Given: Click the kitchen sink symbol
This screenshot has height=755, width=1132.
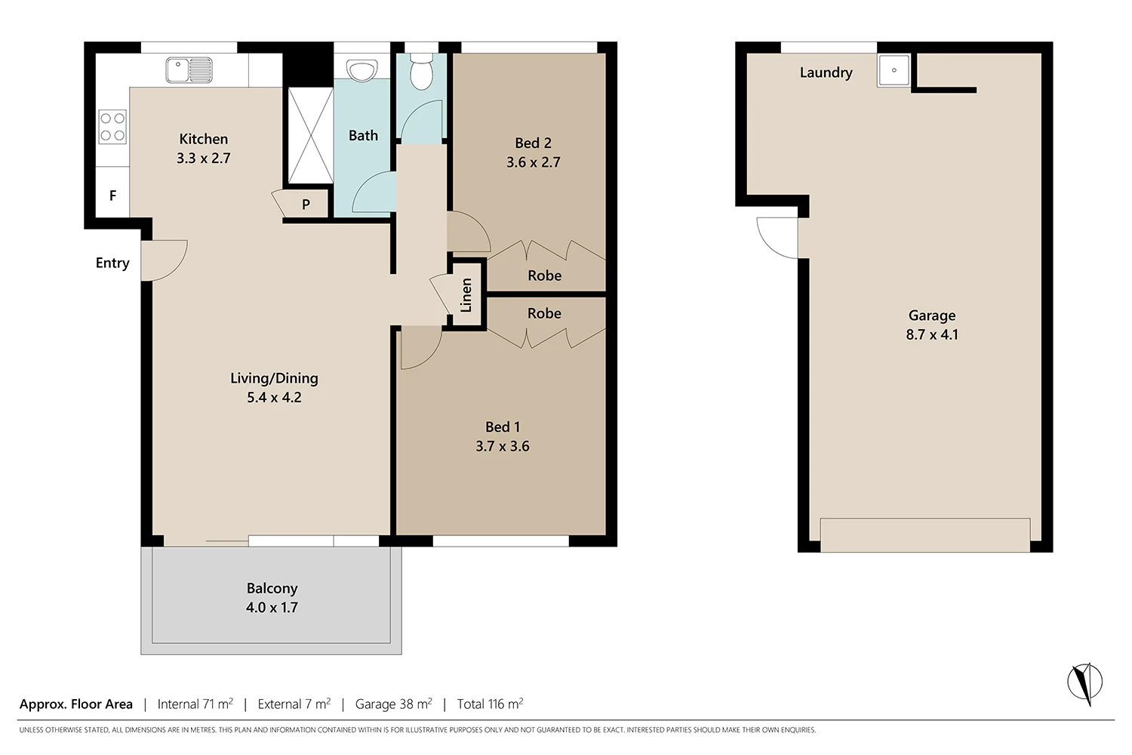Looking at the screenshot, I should click(x=189, y=70).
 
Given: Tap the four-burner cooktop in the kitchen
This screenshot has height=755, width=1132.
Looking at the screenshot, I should click(x=112, y=127).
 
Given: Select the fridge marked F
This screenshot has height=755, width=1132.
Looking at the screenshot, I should click(x=112, y=196).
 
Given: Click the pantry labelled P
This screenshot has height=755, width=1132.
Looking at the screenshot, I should click(x=306, y=204).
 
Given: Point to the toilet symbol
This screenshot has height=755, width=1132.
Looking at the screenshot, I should click(x=420, y=71).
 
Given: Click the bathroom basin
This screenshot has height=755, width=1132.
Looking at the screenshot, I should click(x=363, y=71).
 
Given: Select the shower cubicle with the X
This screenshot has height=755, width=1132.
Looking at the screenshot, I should click(x=310, y=135).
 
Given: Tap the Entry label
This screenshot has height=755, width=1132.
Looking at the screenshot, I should click(x=112, y=263).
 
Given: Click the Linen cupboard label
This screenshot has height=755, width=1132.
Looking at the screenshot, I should click(x=466, y=295).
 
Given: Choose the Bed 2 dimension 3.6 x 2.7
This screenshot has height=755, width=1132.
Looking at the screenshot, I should click(x=533, y=162).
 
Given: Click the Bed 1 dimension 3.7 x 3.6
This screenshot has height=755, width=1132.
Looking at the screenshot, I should click(x=502, y=446).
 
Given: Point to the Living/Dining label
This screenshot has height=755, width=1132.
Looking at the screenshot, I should click(x=274, y=378).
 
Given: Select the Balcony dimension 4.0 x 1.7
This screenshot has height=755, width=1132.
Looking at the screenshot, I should click(x=272, y=607).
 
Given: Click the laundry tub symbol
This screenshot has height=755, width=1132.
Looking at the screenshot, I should click(x=894, y=70).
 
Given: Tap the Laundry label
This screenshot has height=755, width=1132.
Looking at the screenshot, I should click(x=826, y=72).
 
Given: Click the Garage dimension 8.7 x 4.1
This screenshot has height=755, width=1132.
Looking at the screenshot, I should click(x=932, y=334).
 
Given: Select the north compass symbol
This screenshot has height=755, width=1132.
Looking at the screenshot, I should click(x=1084, y=683).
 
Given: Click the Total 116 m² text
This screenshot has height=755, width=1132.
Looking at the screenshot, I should click(x=490, y=704).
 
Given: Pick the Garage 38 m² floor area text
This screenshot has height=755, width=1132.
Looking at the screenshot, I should click(x=393, y=704).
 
